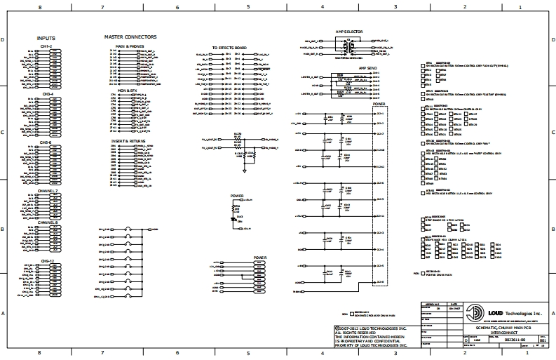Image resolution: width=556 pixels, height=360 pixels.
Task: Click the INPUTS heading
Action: click(46, 38)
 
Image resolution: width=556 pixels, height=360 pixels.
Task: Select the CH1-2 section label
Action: click(46, 46)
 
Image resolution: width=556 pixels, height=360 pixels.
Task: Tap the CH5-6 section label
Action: click(46, 142)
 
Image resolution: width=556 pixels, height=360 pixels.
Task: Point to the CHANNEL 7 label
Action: click(48, 191)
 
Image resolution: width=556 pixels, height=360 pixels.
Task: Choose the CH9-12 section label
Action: click(47, 260)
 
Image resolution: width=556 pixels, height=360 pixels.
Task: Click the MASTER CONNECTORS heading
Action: click(130, 36)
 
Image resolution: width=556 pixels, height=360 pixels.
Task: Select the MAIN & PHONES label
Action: click(130, 46)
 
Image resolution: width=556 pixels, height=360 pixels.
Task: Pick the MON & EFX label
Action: click(128, 90)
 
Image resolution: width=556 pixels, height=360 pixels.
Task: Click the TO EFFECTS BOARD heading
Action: click(229, 48)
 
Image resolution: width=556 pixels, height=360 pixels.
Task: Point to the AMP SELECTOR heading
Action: click(348, 32)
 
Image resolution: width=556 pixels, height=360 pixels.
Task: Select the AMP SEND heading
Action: click(367, 69)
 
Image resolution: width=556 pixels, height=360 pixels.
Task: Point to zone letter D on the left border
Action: click(5, 40)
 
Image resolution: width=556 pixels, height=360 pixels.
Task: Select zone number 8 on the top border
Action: click(39, 6)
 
